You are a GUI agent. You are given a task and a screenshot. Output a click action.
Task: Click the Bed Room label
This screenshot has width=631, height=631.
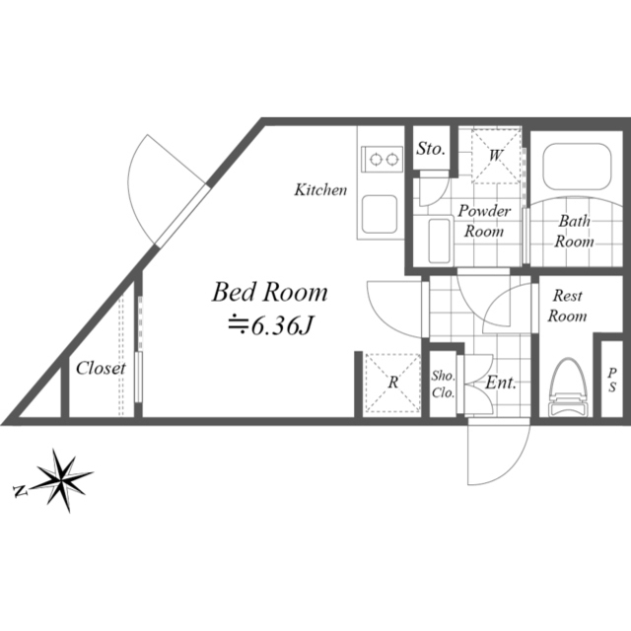(269, 292)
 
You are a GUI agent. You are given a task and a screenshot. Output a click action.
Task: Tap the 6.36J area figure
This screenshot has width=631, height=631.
(270, 325)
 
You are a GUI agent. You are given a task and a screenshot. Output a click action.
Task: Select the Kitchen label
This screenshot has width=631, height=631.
(320, 189)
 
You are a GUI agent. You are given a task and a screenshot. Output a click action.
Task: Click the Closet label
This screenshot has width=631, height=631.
(101, 368)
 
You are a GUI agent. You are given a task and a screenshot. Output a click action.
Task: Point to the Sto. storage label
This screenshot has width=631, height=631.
(431, 149)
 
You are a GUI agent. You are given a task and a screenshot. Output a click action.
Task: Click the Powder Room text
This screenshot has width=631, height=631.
(484, 221)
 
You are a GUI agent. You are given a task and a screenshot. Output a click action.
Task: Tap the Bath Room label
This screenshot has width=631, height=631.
(574, 232)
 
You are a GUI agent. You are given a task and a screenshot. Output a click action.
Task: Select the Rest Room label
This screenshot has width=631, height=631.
(567, 306)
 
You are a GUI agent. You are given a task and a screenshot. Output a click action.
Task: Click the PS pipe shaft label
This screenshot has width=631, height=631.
(612, 381)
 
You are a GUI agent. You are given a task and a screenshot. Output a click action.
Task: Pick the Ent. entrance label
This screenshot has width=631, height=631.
(501, 383)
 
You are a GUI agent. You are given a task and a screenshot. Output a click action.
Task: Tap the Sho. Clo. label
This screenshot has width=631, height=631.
(443, 385)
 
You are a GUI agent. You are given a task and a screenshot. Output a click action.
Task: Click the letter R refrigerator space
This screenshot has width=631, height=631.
(393, 382)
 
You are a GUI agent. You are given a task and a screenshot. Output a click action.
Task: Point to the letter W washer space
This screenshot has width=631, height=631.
(496, 155)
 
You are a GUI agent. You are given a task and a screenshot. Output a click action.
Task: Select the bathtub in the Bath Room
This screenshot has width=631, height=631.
(577, 167)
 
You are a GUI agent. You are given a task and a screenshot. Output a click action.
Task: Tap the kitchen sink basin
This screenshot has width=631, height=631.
(380, 214)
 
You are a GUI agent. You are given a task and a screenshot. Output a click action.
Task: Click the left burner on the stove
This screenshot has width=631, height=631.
(376, 160)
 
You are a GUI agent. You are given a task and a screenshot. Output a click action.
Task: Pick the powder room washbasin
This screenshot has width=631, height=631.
(439, 241)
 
